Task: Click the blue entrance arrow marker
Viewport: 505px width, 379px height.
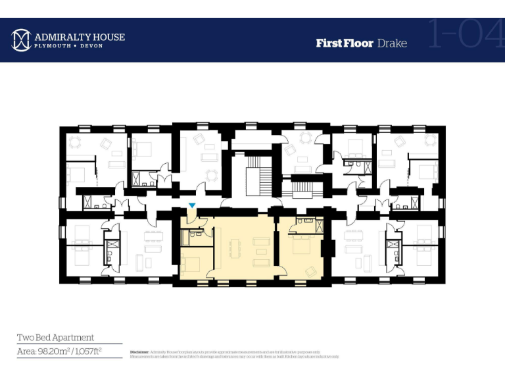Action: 191,206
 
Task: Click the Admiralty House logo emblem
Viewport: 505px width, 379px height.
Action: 22,40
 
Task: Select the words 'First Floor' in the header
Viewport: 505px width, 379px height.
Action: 344,43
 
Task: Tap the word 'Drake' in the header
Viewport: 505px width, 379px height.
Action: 392,43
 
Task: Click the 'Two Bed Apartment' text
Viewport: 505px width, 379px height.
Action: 55,338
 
